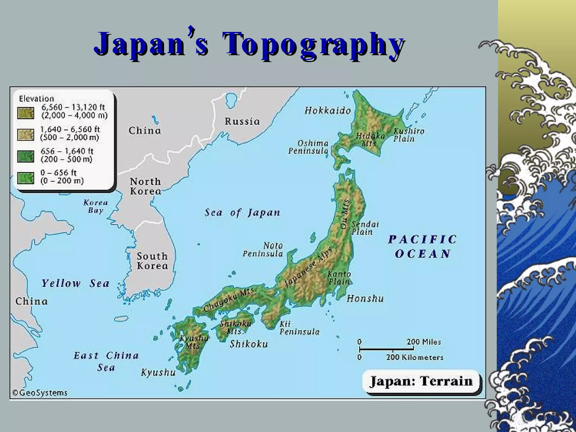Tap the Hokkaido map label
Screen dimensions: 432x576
point(328,111)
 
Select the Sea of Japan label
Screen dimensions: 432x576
point(242,213)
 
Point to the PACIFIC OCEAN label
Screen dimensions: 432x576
point(423,247)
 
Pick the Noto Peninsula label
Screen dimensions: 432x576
point(263,250)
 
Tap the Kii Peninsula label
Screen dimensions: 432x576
point(299,328)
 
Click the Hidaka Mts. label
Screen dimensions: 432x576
point(370,139)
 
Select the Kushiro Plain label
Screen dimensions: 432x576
point(408,135)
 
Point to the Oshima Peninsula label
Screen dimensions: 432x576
point(309,147)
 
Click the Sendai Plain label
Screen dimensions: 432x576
point(365,228)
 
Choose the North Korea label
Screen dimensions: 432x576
point(145,186)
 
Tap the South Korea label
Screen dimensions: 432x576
point(152,261)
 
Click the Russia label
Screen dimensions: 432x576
point(242,121)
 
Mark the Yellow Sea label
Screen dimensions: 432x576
point(75,283)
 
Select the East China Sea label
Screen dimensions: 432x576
point(106,361)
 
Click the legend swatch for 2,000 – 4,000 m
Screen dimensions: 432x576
point(26,113)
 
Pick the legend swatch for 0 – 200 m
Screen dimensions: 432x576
point(26,178)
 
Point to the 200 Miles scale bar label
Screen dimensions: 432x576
point(424,342)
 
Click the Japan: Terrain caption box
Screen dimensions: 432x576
point(421,382)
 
